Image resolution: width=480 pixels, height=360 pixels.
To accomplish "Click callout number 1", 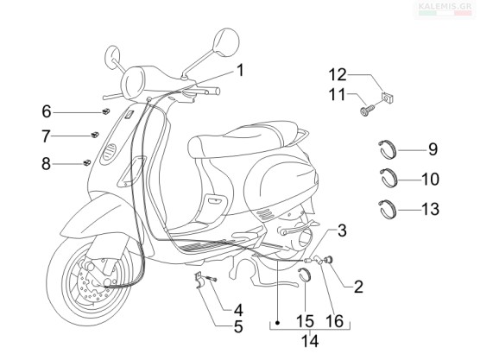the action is [x=241, y=71].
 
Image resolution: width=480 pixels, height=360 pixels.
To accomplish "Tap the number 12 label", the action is [x=338, y=75].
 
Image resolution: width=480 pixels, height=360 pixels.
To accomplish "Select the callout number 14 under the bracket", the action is [x=310, y=341].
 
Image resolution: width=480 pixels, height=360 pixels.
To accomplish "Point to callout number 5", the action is [x=238, y=327].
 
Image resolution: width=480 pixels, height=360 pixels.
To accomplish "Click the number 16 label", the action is [x=335, y=321].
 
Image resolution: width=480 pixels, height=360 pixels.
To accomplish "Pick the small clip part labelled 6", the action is [x=106, y=111].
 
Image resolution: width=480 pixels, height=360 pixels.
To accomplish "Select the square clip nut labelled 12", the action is [x=388, y=97].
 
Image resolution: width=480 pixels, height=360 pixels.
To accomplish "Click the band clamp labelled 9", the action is [x=387, y=149].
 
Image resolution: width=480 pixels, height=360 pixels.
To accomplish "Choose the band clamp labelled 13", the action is [x=387, y=210].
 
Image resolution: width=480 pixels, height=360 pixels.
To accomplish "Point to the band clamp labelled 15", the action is [x=306, y=274].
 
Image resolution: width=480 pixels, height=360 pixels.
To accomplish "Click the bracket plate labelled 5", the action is [x=198, y=280].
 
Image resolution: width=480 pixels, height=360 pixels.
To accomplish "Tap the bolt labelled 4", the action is [x=211, y=278].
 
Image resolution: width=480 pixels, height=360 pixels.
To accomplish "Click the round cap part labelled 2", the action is [x=330, y=260].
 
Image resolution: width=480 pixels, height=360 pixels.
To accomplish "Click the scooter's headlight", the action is [x=134, y=82].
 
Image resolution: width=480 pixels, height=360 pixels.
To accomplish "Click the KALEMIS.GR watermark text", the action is [x=445, y=5].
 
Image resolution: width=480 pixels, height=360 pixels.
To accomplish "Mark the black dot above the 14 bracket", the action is [x=277, y=323].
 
